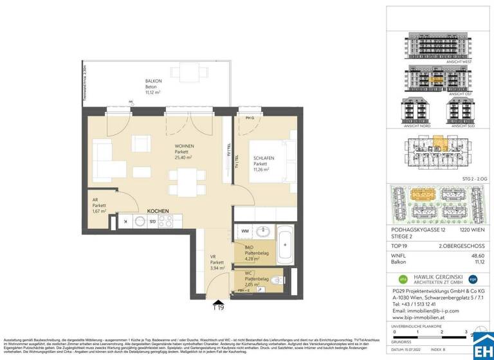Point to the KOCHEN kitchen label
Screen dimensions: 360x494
coord(157,211)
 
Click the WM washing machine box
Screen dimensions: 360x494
coord(246,230)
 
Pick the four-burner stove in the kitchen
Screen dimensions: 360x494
coord(166,222)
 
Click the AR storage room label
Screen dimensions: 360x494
coord(98,205)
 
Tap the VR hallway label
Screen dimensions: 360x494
coord(216,263)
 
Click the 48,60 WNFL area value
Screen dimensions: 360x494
coord(477,255)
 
